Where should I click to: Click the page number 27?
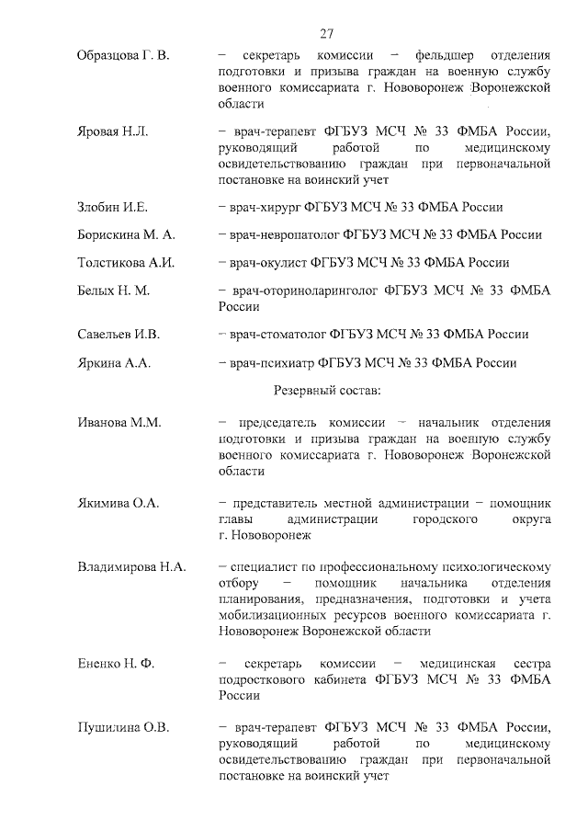(x=326, y=34)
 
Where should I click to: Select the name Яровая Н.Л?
(x=111, y=131)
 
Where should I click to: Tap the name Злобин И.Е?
(x=112, y=207)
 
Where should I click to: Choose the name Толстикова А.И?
(x=125, y=262)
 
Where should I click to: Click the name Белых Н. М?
(x=113, y=290)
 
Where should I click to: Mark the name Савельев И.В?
(x=118, y=334)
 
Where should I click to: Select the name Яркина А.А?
(x=113, y=362)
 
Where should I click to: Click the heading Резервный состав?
(x=321, y=391)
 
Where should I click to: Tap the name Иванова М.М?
(x=119, y=422)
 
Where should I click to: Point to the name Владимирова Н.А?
(x=131, y=565)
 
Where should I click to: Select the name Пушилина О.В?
(x=123, y=728)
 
